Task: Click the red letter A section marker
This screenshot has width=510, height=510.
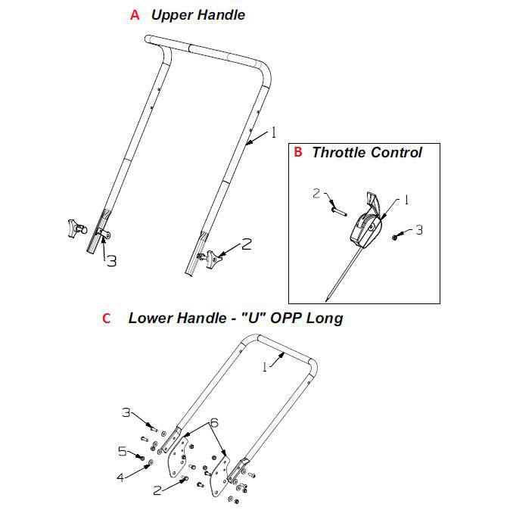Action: point(135,15)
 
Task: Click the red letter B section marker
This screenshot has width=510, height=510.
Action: point(298,152)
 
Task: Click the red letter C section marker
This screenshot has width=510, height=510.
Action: point(106,318)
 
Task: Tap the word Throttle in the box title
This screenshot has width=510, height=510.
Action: point(338,152)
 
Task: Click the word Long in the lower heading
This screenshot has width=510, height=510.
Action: point(325,318)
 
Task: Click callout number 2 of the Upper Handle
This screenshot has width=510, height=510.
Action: point(246,244)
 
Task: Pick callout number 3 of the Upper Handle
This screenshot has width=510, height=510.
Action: point(110,261)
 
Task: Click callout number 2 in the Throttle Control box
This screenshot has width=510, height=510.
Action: point(316,194)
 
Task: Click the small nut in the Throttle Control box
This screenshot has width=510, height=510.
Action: point(396,238)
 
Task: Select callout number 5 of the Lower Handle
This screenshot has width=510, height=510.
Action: point(124,452)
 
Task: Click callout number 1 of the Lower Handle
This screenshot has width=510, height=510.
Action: point(265,368)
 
